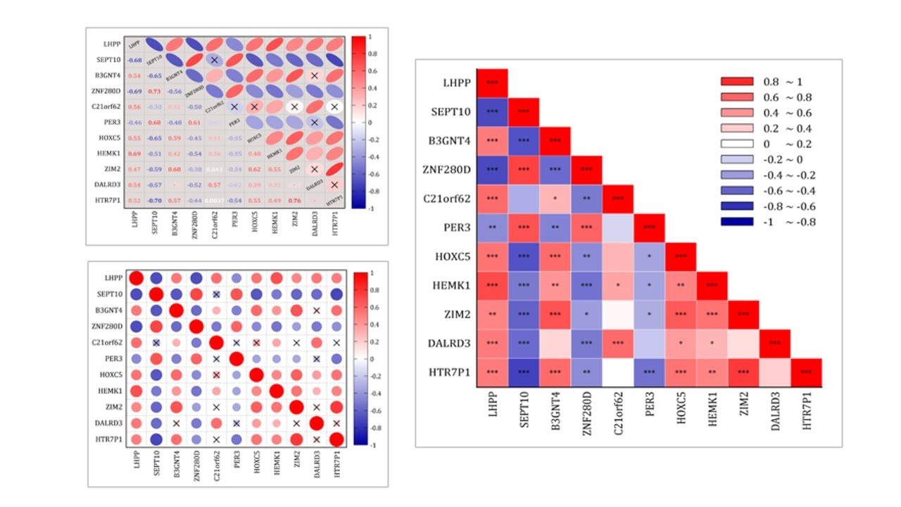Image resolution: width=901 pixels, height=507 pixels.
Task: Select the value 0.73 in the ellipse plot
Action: [155, 92]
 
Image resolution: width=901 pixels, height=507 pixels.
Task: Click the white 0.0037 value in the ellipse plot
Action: [215, 201]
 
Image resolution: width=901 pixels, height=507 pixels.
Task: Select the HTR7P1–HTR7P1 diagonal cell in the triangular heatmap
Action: [806, 373]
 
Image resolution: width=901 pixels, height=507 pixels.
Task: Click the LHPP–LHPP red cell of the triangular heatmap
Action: [493, 82]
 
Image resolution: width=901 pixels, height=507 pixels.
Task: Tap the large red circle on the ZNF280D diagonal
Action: [196, 326]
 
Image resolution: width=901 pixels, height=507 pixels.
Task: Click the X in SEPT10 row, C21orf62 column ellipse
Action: [215, 61]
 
